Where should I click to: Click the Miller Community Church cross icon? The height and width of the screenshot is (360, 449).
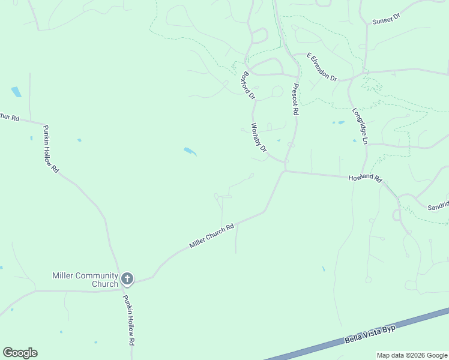point(127,278)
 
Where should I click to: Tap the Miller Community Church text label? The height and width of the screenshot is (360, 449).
point(85,280)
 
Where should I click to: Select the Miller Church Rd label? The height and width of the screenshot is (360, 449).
point(211,237)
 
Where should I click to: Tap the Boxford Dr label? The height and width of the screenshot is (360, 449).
point(248,86)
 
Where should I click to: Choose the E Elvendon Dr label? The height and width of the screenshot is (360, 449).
point(322,67)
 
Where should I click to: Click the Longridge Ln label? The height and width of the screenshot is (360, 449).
point(360,125)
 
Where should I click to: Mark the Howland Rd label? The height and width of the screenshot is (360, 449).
point(365,178)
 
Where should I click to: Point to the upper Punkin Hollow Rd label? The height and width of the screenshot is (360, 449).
point(50,152)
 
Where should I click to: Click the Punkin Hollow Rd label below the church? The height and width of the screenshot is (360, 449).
point(128,320)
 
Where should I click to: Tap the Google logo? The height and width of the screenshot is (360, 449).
point(20,353)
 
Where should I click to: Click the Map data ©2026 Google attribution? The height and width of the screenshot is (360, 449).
point(411,355)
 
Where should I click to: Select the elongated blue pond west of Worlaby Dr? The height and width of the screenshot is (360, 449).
point(190,151)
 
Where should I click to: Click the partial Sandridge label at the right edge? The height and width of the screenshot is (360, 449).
point(438,205)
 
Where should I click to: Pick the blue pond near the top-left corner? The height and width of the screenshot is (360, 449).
point(16,92)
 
